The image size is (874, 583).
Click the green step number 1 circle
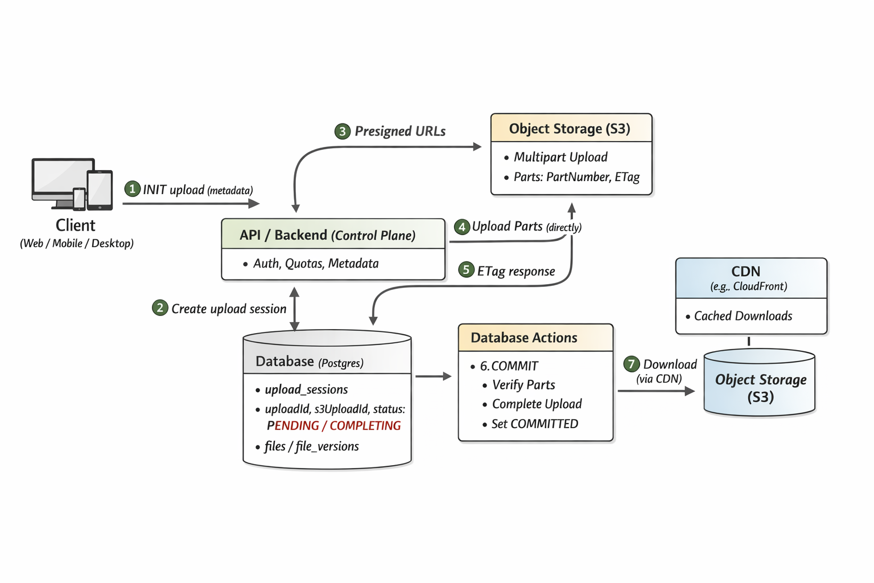(x=132, y=189)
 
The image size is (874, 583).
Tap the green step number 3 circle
(x=342, y=132)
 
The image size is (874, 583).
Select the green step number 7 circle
(x=631, y=364)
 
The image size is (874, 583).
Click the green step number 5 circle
(x=466, y=270)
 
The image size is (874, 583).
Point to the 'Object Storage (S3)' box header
(x=570, y=129)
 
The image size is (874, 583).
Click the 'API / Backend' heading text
(x=283, y=235)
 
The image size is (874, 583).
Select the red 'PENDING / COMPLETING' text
(x=333, y=426)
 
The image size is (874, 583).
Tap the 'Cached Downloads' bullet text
(x=743, y=316)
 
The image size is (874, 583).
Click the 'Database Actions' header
(x=523, y=338)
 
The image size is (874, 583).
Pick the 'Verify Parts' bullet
(x=523, y=385)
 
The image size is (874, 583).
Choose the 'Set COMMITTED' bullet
(x=534, y=424)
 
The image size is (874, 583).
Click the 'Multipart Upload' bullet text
(x=560, y=157)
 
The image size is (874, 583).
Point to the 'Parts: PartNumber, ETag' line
(x=576, y=177)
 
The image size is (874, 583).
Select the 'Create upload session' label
(x=229, y=309)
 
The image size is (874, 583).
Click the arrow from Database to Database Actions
(x=433, y=376)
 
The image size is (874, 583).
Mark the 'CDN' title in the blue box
(x=745, y=272)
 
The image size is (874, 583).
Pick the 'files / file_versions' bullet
(x=311, y=446)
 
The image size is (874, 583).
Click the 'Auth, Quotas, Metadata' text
(x=316, y=264)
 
